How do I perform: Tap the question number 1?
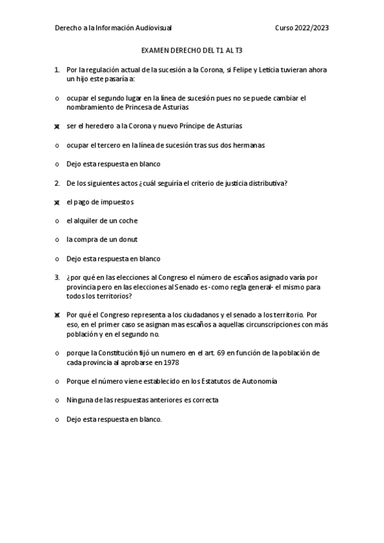57,69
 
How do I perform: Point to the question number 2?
57,183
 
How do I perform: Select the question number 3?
57,278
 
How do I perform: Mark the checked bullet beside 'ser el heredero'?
57,127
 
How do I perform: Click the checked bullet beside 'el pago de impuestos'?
57,202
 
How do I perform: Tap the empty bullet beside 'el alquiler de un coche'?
57,221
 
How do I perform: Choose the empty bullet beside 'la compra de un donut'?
57,240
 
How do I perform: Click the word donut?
128,240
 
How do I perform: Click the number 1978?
171,362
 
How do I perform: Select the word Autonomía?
256,382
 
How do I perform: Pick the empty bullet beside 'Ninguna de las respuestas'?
57,401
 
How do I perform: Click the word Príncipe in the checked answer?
192,126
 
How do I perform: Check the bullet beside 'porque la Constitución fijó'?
57,353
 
